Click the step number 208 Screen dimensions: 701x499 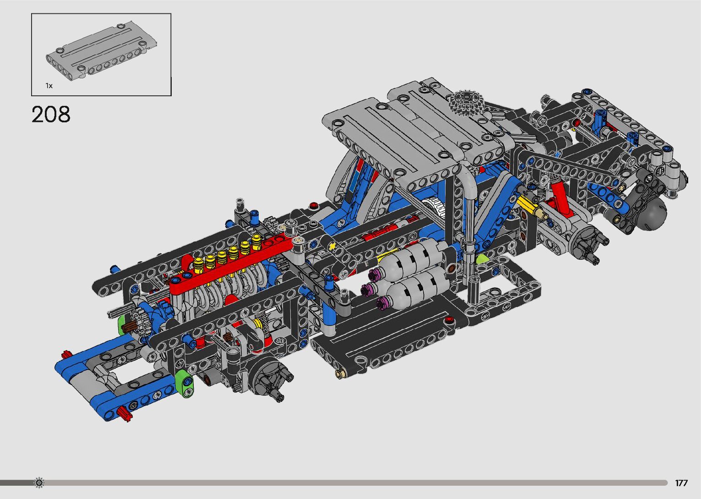point(51,114)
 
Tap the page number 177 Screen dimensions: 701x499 point(681,483)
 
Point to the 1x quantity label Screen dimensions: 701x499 point(49,86)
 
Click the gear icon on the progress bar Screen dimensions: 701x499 point(39,483)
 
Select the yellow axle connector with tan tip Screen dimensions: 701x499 point(532,208)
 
